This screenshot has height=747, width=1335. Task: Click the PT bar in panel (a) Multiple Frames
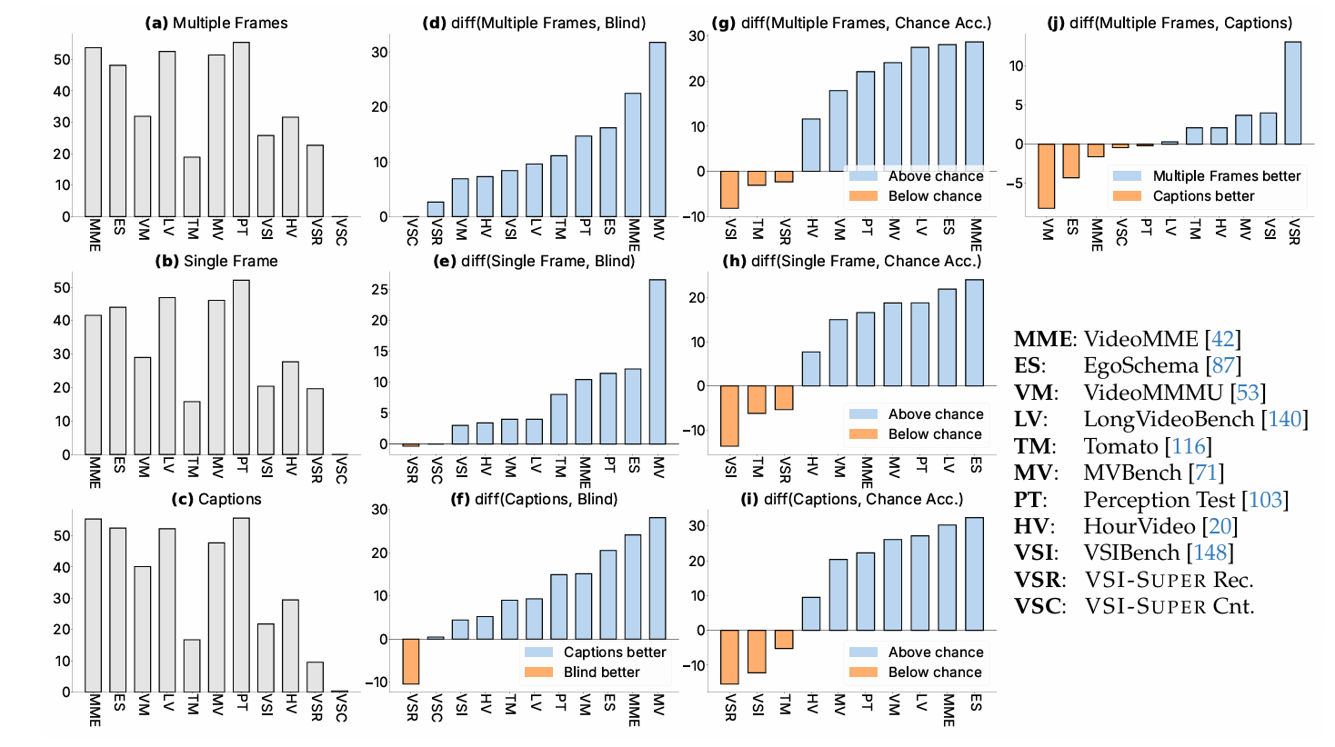[x=241, y=129]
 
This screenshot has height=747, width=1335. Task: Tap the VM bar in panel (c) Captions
[x=143, y=629]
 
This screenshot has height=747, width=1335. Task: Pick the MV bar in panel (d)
[x=657, y=129]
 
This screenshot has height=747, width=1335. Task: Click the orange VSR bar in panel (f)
[x=411, y=662]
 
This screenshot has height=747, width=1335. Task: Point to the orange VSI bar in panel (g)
[x=729, y=190]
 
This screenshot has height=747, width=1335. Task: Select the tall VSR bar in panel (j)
[x=1292, y=93]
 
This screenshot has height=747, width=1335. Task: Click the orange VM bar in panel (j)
[x=1046, y=176]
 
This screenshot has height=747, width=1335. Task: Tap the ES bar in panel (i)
[x=975, y=573]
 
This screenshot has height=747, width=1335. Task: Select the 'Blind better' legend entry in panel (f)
[x=601, y=672]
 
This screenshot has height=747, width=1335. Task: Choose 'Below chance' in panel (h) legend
[x=934, y=434]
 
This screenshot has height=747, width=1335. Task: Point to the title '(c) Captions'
[x=216, y=500]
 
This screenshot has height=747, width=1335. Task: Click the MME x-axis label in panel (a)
[x=95, y=234]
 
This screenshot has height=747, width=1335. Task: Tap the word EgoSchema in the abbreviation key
[x=1140, y=365]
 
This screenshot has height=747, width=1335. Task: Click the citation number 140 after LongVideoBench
[x=1285, y=419]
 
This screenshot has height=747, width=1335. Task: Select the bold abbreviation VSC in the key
[x=1038, y=606]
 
